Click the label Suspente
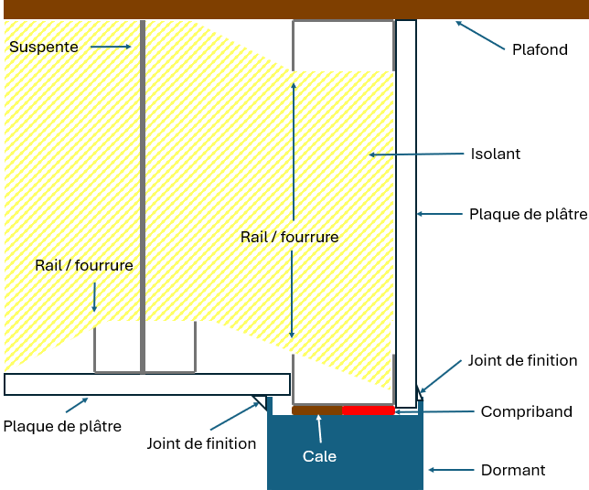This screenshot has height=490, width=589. pos(44,46)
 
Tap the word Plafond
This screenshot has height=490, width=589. pos(540,49)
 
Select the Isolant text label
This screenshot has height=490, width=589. pos(495,154)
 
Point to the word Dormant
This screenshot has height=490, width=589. pos(512,470)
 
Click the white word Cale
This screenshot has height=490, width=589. pos(319,455)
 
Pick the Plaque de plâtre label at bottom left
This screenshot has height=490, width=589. pos(62,426)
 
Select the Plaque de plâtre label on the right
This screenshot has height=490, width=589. pos(527,214)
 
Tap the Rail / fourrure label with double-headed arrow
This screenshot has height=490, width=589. pos(289,237)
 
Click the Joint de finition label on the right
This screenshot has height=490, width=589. pos(522,360)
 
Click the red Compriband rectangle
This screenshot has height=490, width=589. pos(369,410)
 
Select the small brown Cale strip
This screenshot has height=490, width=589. pos(316,410)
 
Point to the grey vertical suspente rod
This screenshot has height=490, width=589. pos(142,183)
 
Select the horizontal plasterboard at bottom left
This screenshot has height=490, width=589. pos(146,384)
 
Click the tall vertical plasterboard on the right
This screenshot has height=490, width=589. pos(406,210)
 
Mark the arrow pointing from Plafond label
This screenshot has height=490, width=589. pos(478,36)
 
